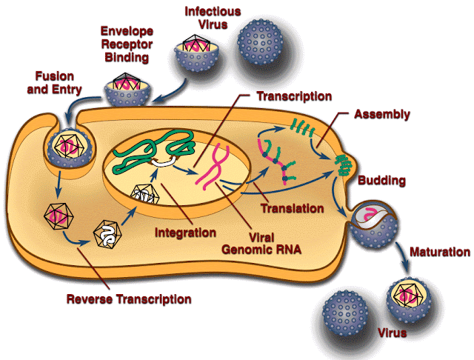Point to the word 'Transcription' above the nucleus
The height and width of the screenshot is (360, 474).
(294, 96)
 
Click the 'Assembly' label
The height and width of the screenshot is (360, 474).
(381, 115)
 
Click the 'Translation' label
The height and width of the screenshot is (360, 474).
(292, 209)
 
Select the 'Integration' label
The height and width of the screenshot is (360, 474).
(185, 233)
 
